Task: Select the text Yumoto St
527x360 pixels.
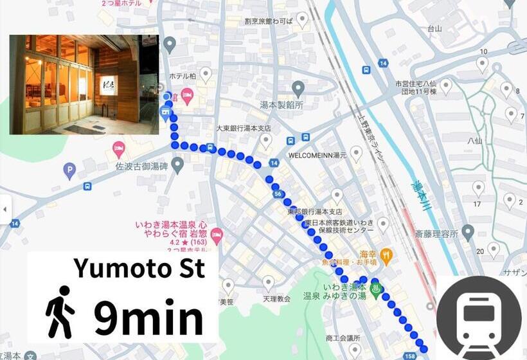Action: [x=139, y=267]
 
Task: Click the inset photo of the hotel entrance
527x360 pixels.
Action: [x=84, y=84]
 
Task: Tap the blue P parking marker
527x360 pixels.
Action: [x=69, y=171]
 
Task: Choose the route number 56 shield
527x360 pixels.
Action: [x=278, y=194]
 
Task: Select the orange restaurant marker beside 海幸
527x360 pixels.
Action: [x=386, y=256]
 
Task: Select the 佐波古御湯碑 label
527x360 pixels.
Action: [x=140, y=166]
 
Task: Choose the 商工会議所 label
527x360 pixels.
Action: [x=343, y=337]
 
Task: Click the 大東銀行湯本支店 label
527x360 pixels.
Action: [x=244, y=129]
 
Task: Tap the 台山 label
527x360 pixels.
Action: [x=435, y=28]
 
